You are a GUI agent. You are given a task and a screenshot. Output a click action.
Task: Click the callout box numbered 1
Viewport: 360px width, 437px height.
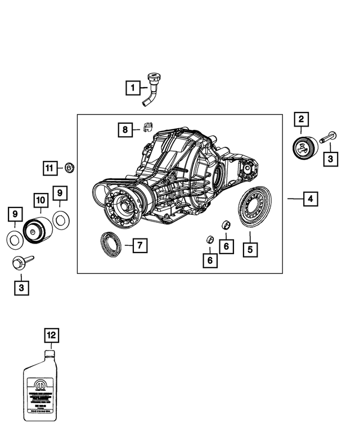tap(133, 88)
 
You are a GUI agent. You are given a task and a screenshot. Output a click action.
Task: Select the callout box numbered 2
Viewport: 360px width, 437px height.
tap(301, 119)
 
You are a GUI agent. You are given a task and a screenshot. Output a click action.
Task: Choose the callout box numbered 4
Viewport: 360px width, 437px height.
tap(309, 199)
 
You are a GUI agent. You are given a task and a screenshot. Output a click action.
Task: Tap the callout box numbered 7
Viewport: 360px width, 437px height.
tap(139, 245)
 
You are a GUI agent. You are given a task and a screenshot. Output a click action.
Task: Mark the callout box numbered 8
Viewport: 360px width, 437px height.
tap(126, 130)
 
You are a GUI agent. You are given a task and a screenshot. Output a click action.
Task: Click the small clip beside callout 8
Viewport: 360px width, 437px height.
tap(147, 127)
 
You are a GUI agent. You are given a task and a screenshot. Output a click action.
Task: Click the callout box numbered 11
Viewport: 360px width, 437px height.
tap(51, 168)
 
